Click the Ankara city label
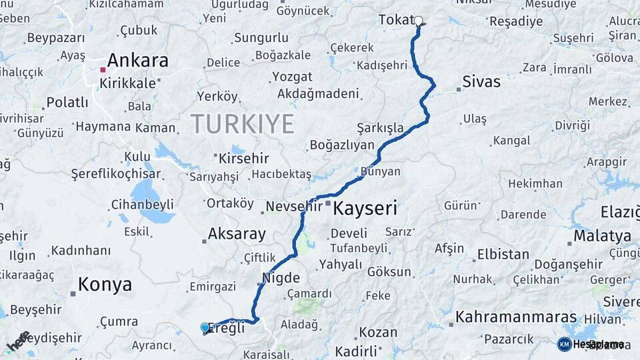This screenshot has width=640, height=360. point(137,61)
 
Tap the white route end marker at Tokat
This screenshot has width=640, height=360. point(419,21)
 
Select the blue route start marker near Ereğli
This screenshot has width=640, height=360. point(205,327)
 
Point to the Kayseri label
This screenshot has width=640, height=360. point(365,208)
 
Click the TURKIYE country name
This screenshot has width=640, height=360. point(243,124)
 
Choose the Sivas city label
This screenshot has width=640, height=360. point(481,82)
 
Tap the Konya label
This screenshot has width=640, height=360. point(105,285)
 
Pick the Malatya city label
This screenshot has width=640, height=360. point(602,236)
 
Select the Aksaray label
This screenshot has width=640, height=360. point(237,234)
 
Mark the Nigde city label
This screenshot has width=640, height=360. point(281,277)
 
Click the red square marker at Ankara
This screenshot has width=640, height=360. point(103,69)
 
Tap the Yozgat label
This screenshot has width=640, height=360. point(292,77)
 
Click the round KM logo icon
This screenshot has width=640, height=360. point(564,344)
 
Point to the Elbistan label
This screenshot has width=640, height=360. point(503,255)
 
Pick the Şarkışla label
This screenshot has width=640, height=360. point(380,127)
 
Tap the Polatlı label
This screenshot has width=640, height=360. point(67,103)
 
